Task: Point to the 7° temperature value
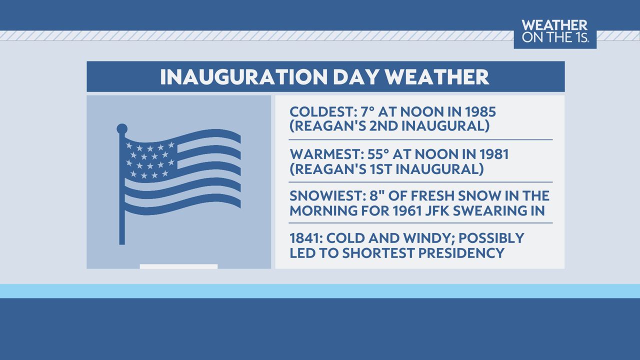coord(367,111)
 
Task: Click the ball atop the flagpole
coord(122,129)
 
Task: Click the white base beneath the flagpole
coord(178,266)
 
